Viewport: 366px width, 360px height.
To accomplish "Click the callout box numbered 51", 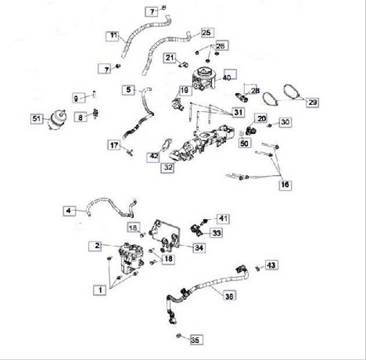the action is point(37,119).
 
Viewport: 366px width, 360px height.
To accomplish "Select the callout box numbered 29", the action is point(313,102).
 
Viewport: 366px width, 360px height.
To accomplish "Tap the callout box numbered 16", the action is point(285,185).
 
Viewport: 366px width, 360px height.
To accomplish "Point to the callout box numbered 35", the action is point(196,340).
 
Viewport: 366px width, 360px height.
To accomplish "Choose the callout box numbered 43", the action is point(271,265).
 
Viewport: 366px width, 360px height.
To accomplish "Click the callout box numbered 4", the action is point(70,211).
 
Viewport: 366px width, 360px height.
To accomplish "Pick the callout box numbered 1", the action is point(100,290).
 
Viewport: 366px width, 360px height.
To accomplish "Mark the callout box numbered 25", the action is point(207,32).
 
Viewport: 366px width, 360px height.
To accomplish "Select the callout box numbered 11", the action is point(112,36).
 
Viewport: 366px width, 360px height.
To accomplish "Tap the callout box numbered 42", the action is point(153,157).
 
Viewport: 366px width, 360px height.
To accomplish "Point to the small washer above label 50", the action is point(242,134).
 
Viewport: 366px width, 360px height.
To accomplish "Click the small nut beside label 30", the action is point(269,125).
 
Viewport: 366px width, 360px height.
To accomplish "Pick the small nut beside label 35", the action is point(179,336).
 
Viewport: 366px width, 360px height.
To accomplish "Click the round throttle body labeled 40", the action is point(204,79).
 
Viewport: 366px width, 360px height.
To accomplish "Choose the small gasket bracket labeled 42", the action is point(167,145).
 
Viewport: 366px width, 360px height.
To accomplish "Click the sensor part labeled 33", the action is point(196,230).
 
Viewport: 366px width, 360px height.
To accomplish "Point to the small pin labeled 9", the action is point(94,94).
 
